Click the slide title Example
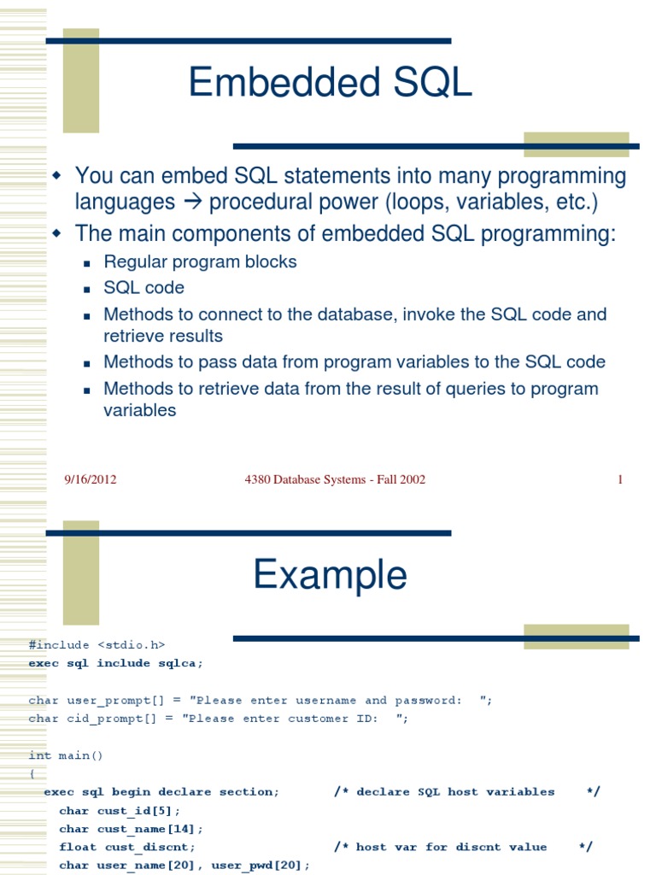[x=331, y=576]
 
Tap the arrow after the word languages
[x=192, y=202]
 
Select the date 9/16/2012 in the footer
[x=91, y=479]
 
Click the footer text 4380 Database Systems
[x=305, y=479]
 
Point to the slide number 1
[x=620, y=479]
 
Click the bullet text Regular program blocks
[x=200, y=261]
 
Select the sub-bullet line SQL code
[x=143, y=287]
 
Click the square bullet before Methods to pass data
[x=86, y=364]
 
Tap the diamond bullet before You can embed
[x=57, y=175]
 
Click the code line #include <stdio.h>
[x=97, y=645]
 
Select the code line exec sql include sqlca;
[x=115, y=663]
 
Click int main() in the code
[x=66, y=755]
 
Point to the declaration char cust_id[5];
[x=120, y=811]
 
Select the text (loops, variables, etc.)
[x=491, y=202]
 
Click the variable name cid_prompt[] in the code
[x=112, y=719]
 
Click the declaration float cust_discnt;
[x=127, y=847]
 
